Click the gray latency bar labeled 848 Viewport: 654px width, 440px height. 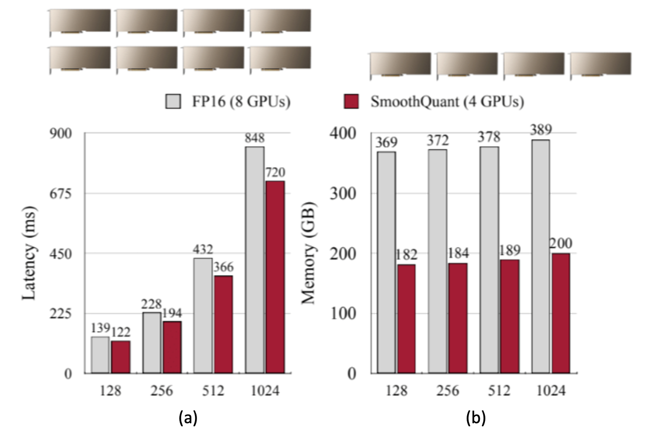click(254, 260)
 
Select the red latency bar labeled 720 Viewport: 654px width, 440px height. click(275, 277)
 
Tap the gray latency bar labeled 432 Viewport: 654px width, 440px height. click(203, 316)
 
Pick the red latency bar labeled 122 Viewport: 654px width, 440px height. click(121, 357)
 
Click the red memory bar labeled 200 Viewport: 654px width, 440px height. click(561, 313)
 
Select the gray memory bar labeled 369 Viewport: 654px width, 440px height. click(386, 262)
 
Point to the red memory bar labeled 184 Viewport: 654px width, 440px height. click(458, 318)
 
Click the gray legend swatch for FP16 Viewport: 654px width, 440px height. click(173, 102)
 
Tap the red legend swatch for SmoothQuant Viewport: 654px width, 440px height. click(350, 102)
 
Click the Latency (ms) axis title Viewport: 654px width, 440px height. click(30, 253)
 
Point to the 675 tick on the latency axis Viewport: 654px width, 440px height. click(61, 193)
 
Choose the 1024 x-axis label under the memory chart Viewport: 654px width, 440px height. click(550, 391)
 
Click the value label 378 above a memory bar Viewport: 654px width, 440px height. click(489, 137)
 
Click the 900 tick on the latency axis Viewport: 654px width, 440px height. click(61, 134)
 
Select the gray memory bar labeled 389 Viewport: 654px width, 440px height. click(540, 257)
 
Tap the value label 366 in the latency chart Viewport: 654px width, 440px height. click(223, 266)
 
